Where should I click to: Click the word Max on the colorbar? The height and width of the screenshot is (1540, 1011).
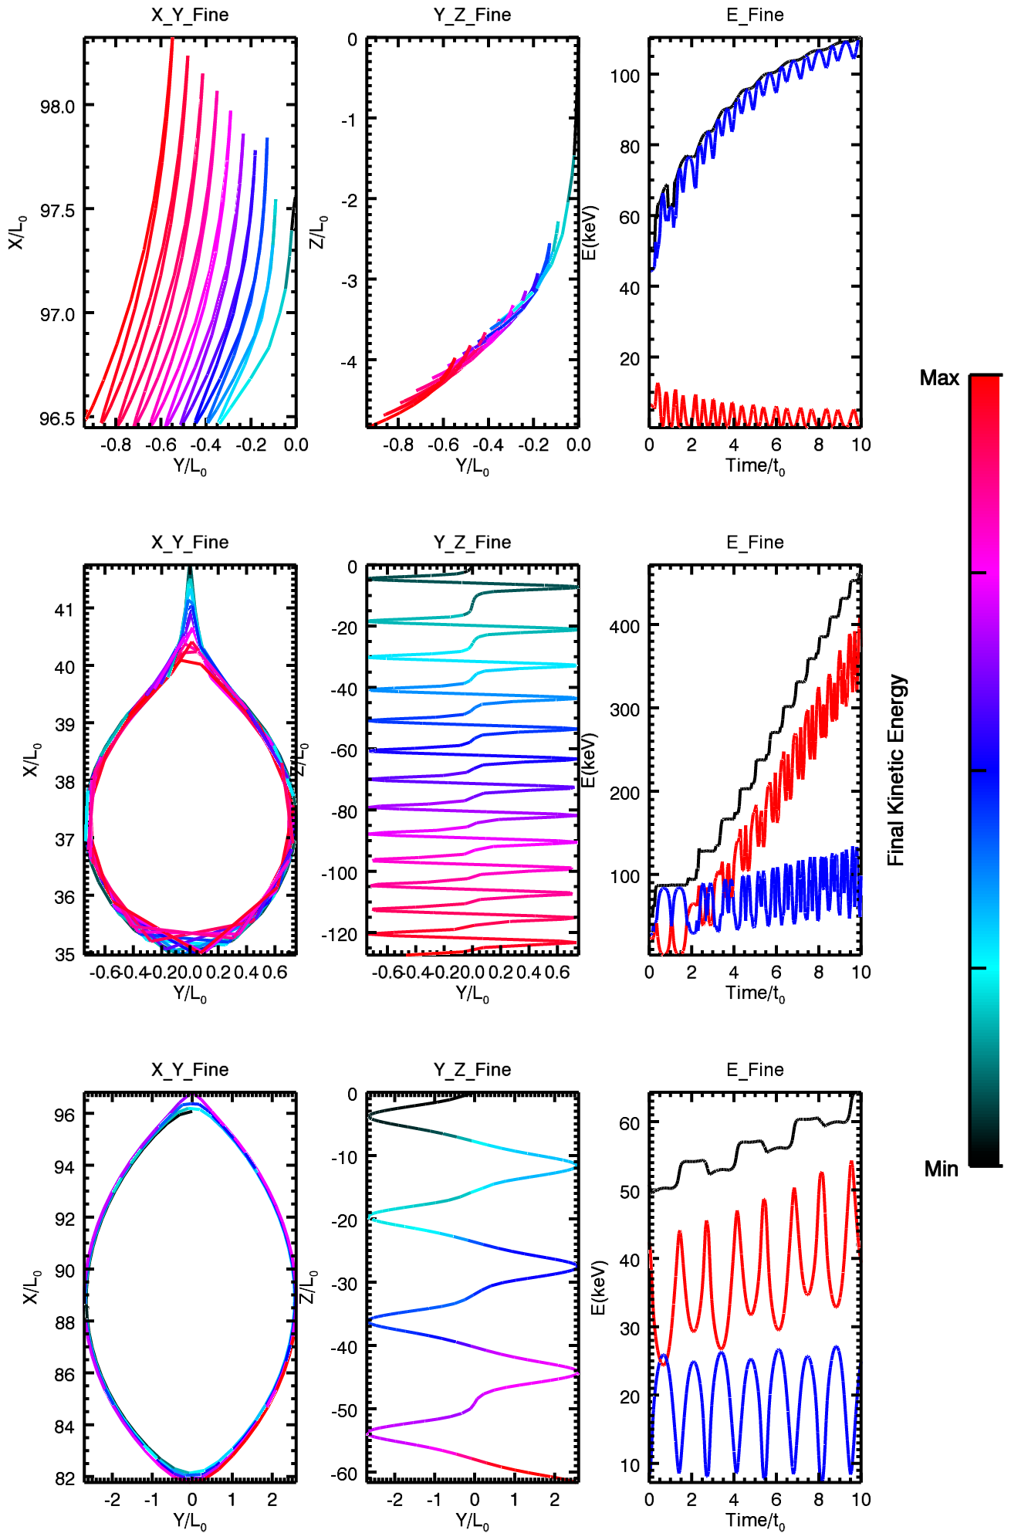(x=938, y=378)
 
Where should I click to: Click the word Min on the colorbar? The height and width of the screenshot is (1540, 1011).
(x=941, y=1169)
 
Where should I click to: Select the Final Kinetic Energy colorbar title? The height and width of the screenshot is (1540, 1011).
(x=896, y=770)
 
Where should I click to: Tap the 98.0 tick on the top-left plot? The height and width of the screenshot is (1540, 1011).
(x=58, y=106)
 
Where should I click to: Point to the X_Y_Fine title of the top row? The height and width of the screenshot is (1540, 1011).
(x=190, y=15)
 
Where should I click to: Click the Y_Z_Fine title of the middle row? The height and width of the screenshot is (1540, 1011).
(x=472, y=542)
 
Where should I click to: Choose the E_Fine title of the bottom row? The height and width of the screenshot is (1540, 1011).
(x=755, y=1069)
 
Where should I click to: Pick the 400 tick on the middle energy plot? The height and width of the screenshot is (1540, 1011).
(x=624, y=626)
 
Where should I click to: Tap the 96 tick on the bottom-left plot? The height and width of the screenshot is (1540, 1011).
(x=65, y=1115)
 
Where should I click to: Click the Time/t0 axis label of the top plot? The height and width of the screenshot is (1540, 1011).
(x=755, y=466)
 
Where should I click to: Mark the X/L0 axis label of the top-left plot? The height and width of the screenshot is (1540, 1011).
(x=17, y=232)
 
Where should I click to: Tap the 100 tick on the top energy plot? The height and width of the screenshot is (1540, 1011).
(x=624, y=76)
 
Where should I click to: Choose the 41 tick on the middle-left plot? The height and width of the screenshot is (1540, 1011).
(x=65, y=610)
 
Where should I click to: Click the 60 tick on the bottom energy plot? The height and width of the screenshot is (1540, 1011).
(x=629, y=1123)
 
